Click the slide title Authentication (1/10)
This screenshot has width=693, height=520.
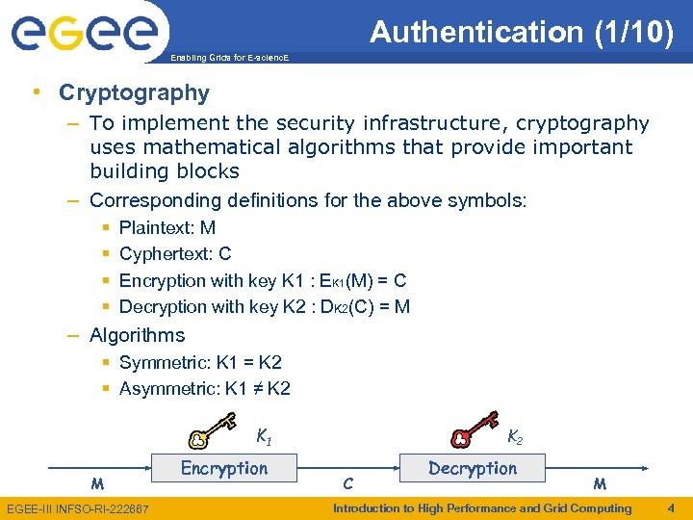tap(522, 33)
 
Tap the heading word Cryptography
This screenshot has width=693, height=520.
tap(134, 92)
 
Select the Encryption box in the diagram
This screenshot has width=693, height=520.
tap(224, 469)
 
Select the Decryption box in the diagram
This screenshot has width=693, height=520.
tap(473, 469)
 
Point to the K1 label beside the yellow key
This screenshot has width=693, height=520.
tap(263, 436)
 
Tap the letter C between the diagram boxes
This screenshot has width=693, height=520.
tap(348, 482)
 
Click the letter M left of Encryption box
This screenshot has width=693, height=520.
tap(97, 482)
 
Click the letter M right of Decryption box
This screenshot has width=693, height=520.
tap(600, 482)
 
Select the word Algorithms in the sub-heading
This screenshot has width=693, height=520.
tap(137, 335)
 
